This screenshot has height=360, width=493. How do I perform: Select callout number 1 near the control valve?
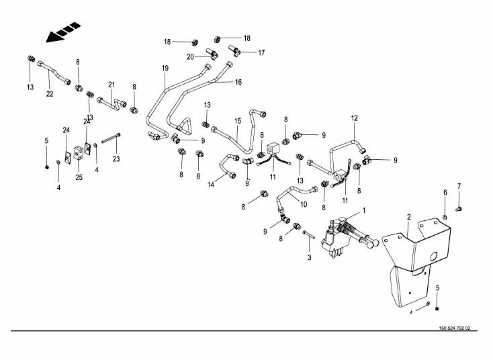(x=364, y=210)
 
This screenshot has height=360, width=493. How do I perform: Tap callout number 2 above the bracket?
(x=408, y=217)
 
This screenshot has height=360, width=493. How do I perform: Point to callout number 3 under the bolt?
(x=310, y=257)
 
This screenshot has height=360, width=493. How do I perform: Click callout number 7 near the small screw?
(x=459, y=186)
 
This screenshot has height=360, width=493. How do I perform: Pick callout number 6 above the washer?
(x=445, y=193)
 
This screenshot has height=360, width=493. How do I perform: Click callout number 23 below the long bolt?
(x=116, y=159)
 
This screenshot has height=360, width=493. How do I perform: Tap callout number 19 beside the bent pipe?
(x=165, y=69)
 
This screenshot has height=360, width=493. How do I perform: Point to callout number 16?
(x=238, y=82)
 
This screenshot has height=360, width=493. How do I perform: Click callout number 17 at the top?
(x=261, y=52)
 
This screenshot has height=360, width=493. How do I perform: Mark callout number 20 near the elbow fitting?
(x=190, y=56)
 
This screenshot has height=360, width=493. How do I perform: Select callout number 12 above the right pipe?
(x=354, y=119)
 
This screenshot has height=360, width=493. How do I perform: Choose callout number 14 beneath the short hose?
(x=212, y=184)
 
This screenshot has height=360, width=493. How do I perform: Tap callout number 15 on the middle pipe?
(x=237, y=121)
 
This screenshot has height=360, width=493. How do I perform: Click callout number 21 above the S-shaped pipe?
(x=111, y=85)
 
